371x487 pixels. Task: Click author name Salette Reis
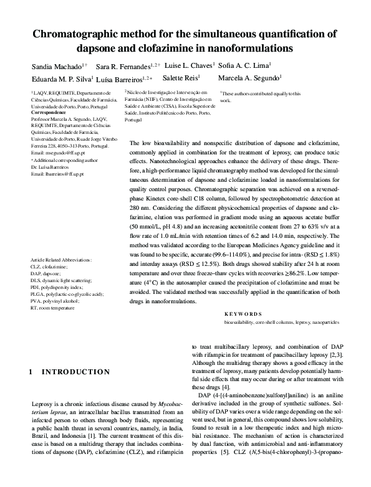point(181,78)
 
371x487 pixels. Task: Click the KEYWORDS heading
point(243,314)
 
